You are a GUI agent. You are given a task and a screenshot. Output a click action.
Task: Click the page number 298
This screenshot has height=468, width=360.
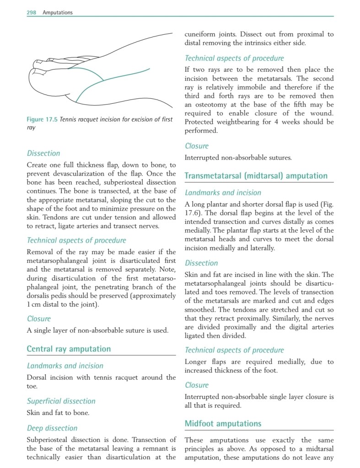click(32, 13)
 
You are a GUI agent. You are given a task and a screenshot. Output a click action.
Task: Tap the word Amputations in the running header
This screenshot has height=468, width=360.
click(58, 13)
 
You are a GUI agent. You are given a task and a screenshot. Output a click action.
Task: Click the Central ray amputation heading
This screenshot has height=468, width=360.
click(69, 349)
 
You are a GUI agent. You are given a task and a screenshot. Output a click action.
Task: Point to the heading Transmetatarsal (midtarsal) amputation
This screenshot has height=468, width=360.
click(256, 176)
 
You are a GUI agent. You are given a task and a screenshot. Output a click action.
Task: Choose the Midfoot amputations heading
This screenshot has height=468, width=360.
click(223, 424)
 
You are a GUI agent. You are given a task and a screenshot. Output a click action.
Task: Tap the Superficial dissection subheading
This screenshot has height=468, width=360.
click(61, 401)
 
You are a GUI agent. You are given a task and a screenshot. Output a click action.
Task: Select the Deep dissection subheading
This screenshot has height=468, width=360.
click(52, 428)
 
